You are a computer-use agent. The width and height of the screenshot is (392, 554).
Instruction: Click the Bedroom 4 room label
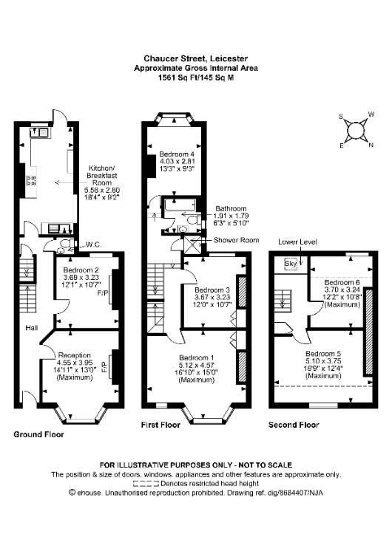pos(177,154)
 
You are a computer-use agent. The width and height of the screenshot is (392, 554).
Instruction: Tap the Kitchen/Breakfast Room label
pos(102,175)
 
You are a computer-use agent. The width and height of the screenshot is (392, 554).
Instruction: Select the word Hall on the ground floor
pos(32,328)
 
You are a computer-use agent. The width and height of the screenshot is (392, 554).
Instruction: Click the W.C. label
pos(94,244)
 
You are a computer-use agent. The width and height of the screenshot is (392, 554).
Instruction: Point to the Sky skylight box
pos(291,264)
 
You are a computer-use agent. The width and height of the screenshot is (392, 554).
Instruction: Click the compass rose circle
pos(356,131)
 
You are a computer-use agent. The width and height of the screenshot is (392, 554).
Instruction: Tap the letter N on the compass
pos(371,145)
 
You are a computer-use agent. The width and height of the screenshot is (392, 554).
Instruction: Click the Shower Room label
pos(237,240)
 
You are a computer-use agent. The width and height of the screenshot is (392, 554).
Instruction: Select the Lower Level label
pos(297,242)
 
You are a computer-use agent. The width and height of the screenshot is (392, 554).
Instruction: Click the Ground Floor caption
pos(38,434)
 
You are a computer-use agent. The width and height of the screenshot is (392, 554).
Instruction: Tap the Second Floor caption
pos(294,425)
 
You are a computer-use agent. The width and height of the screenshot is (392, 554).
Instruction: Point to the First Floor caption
pos(160,425)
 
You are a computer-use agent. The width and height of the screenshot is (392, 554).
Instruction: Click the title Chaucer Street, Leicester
pos(196,58)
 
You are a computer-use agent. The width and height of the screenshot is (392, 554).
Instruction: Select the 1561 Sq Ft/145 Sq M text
pos(196,78)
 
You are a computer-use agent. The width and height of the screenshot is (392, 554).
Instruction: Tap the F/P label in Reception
pos(104,368)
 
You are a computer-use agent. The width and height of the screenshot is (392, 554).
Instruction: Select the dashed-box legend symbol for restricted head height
pos(146,483)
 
